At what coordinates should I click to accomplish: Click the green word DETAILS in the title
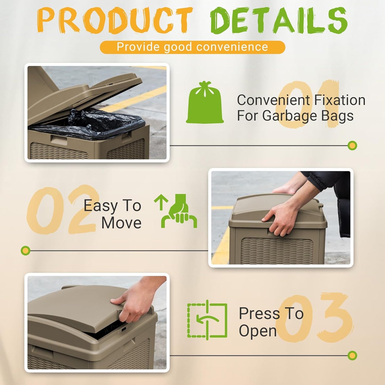coord(278,20)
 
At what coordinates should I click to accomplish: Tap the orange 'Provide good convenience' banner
coord(192,47)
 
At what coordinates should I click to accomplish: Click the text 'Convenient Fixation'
coord(301,100)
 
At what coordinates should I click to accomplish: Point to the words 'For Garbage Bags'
coord(295,116)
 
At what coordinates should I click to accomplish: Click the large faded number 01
coord(306,104)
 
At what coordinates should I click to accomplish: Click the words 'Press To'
coord(271,313)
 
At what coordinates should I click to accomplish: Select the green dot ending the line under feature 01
coord(352,145)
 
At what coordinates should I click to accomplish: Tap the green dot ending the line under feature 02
coord(26,251)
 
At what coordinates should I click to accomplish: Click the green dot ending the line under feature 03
coord(352,355)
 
